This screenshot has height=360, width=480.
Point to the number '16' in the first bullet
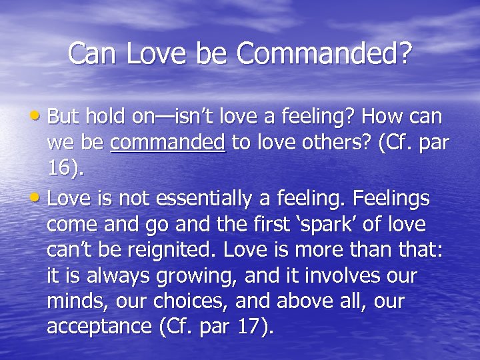(60, 168)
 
